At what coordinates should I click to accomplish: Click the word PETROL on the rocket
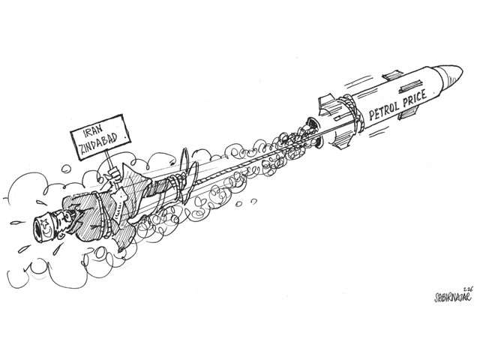point(384,111)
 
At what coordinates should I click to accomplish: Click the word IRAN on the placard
point(93,130)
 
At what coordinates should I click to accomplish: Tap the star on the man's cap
point(45,222)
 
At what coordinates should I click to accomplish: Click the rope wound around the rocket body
point(352,112)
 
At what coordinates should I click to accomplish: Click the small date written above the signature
point(468,288)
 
